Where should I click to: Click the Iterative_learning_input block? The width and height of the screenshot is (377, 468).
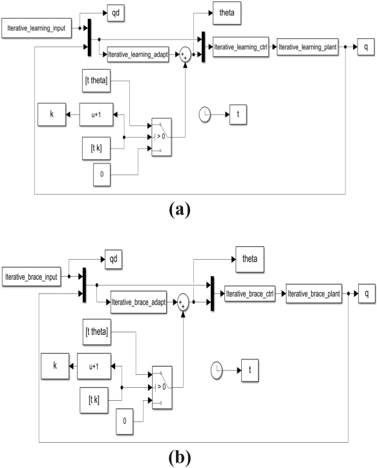36,28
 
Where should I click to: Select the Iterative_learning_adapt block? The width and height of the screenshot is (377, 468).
138,54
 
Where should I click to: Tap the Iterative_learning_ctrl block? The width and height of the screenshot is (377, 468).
241,47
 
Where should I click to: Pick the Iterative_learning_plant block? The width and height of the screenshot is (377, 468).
307,47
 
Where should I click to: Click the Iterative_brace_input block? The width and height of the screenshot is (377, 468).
31,277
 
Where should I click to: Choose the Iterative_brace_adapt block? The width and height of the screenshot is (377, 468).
138,302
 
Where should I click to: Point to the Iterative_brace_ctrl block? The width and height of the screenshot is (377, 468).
250,293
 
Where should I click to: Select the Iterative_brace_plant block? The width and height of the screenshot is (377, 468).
314,293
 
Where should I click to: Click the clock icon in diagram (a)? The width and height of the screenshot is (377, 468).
205,114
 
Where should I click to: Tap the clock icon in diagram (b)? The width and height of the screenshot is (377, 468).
217,370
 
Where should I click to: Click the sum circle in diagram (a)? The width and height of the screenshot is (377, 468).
185,55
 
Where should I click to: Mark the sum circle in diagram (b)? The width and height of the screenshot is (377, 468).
183,302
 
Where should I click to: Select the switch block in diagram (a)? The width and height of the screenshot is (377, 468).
162,137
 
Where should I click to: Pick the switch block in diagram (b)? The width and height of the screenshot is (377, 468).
162,387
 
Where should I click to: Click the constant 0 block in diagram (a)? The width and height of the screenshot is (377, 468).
102,175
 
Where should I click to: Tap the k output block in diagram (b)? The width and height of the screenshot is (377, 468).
55,367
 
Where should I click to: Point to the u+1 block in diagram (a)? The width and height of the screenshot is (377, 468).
96,114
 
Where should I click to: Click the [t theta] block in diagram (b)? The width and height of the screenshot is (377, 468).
97,332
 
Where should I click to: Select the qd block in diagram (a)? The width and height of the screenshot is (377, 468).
116,13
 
